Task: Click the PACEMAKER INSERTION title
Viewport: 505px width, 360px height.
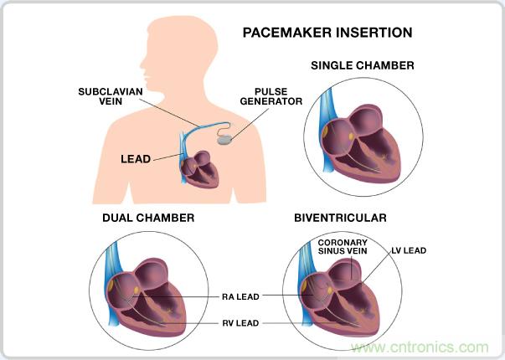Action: tap(327, 33)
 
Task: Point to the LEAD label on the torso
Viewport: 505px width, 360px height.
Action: tap(136, 157)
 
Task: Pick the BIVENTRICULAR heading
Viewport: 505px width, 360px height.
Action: tap(339, 218)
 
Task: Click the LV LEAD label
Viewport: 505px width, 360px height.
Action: tap(410, 249)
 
